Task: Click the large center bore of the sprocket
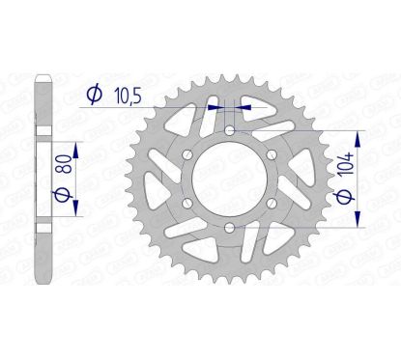228,180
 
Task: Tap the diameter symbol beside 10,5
95,95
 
